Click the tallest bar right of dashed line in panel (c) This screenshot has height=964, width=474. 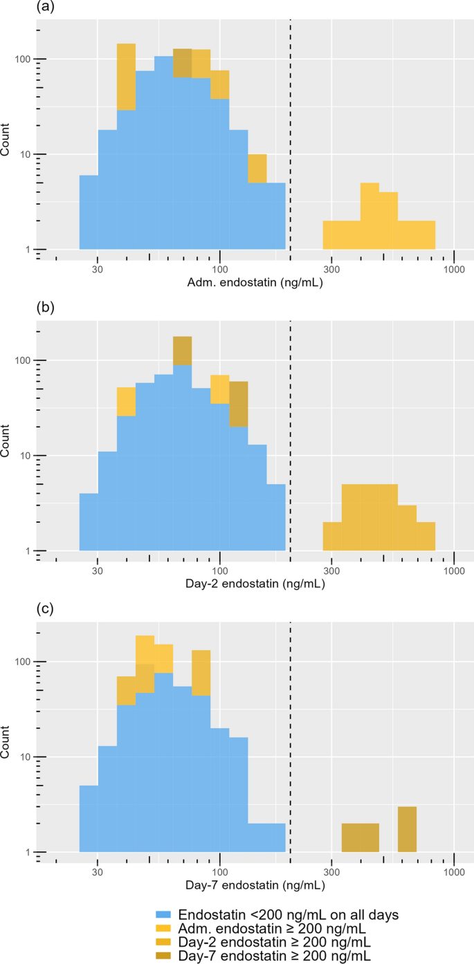tap(407, 829)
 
